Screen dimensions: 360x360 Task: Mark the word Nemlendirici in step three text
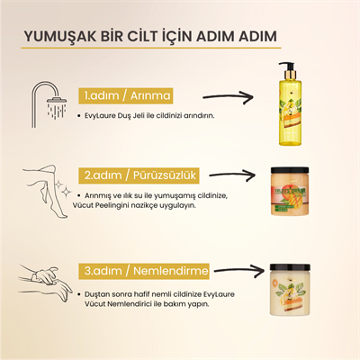tap(130, 304)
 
